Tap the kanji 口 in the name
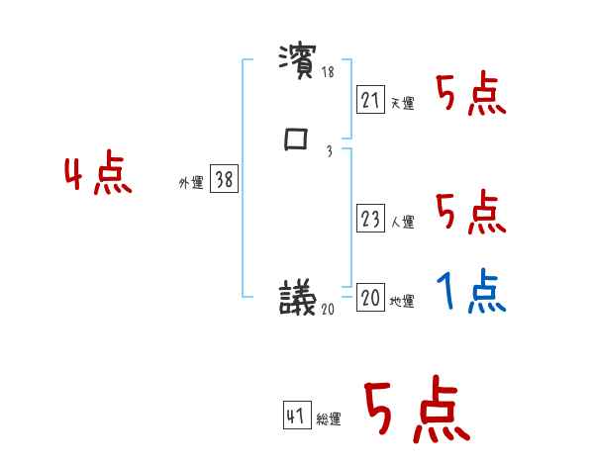click(x=296, y=141)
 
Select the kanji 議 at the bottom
click(x=298, y=297)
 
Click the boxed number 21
click(x=371, y=100)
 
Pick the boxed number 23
click(x=371, y=220)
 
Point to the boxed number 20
click(x=371, y=298)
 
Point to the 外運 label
click(x=191, y=183)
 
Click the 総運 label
click(x=329, y=419)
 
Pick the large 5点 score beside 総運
click(x=416, y=413)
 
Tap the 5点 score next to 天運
click(x=470, y=95)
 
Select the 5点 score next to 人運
click(x=470, y=214)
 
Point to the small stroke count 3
click(x=328, y=151)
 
